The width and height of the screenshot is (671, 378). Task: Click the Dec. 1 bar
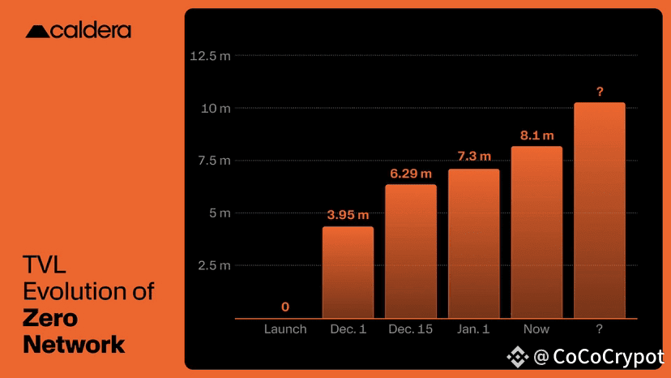click(348, 272)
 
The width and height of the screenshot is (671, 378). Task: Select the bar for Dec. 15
click(411, 251)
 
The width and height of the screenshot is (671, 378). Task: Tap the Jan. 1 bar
click(474, 243)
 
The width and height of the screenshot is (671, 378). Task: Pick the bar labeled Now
click(536, 232)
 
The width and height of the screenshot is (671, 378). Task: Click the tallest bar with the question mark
click(600, 210)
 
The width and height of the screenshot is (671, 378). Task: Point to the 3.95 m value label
click(348, 215)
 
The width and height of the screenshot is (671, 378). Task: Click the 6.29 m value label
click(411, 174)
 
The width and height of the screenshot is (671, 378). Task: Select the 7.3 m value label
click(474, 156)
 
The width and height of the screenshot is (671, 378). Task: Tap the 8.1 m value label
click(537, 135)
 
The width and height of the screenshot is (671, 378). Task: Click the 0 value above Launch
click(285, 307)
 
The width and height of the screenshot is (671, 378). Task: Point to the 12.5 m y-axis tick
click(210, 56)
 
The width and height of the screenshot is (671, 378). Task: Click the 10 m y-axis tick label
click(216, 109)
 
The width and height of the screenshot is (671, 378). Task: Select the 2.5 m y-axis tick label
click(214, 266)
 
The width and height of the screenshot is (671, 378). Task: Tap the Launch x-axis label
click(285, 329)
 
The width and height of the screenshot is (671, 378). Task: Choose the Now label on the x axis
click(536, 329)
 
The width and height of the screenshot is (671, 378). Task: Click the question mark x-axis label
click(599, 329)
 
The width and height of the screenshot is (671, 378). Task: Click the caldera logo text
click(91, 31)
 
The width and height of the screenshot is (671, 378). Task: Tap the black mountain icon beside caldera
click(37, 32)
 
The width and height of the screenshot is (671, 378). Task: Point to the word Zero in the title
click(50, 318)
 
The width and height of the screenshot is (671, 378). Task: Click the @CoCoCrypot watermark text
click(599, 357)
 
